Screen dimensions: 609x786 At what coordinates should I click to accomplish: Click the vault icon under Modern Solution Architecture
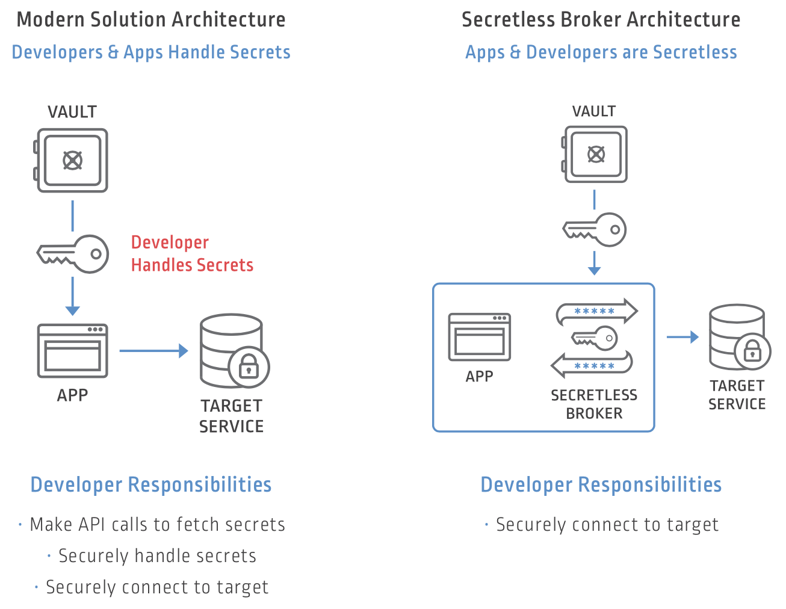point(72,160)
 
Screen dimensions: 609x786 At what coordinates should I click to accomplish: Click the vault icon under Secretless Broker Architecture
point(595,154)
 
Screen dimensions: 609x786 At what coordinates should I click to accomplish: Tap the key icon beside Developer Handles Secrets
point(73,254)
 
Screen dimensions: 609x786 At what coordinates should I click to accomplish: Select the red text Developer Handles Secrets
point(191,253)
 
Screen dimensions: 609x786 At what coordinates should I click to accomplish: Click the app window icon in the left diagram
point(72,351)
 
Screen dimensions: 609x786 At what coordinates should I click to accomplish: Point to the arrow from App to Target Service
point(153,350)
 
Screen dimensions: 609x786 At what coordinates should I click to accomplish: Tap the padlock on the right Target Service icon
point(752,351)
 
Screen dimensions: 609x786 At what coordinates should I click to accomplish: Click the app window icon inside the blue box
point(479,337)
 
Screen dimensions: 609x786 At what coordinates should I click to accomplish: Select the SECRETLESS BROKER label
point(594,404)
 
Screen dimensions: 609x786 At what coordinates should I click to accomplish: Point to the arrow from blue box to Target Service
point(682,337)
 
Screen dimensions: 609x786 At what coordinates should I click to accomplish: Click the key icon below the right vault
point(595,229)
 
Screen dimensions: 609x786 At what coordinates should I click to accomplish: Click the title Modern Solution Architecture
point(151,19)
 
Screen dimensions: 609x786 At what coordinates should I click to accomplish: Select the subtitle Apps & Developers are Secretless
point(601,52)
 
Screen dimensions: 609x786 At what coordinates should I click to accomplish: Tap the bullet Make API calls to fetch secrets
point(157,524)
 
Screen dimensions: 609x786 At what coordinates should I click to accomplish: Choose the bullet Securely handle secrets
point(157,555)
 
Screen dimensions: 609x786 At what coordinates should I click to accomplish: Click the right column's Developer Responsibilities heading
point(601,484)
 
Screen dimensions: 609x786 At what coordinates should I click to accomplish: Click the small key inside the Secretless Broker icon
point(595,338)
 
